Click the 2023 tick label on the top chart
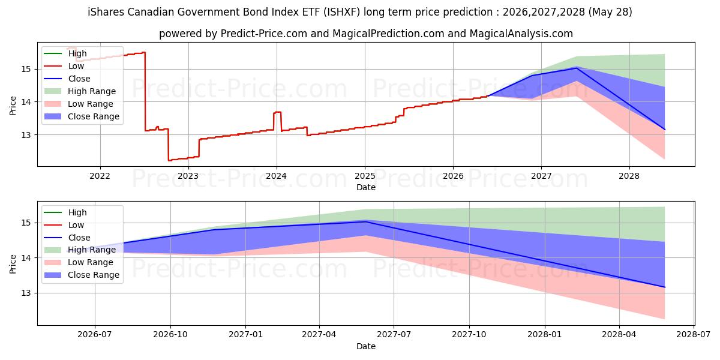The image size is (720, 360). tap(188, 176)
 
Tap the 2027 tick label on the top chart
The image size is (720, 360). tap(541, 176)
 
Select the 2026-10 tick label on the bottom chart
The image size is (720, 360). tap(170, 334)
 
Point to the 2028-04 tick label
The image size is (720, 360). tap(619, 334)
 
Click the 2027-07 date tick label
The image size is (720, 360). tap(394, 334)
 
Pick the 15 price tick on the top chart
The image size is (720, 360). tap(26, 69)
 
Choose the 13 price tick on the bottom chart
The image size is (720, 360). tap(26, 293)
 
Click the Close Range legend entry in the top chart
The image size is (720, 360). tap(93, 116)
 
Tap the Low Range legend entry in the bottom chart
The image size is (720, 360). tap(91, 262)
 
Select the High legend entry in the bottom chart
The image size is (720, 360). tap(77, 212)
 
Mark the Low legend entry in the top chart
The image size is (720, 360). tap(76, 66)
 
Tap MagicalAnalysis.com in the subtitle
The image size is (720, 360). tap(521, 34)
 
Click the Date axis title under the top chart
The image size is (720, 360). tap(366, 187)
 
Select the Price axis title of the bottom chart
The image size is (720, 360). tap(13, 264)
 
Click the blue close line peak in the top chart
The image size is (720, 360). tap(577, 68)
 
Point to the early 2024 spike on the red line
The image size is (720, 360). tap(277, 112)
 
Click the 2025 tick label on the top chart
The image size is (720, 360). tap(365, 176)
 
